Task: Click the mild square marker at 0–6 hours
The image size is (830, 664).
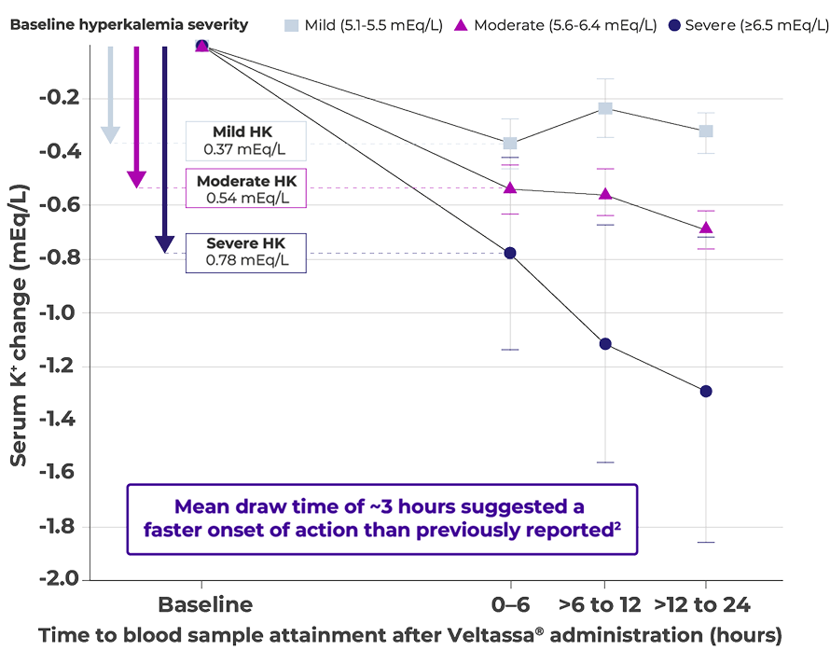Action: tap(510, 143)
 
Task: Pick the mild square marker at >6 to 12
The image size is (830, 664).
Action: tap(605, 108)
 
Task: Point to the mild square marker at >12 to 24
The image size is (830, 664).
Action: tap(706, 131)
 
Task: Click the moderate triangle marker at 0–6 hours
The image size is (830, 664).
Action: tap(510, 188)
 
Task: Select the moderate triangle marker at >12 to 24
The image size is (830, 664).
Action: tap(706, 228)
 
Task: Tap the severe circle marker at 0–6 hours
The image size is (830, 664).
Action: tap(510, 253)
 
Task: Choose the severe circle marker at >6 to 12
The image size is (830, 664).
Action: tap(605, 344)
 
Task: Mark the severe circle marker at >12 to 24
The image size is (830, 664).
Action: tap(706, 391)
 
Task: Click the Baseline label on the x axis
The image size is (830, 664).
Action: tap(205, 604)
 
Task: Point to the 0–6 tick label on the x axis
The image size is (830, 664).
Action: tap(510, 604)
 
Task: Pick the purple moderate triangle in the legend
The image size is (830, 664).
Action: tap(460, 24)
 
